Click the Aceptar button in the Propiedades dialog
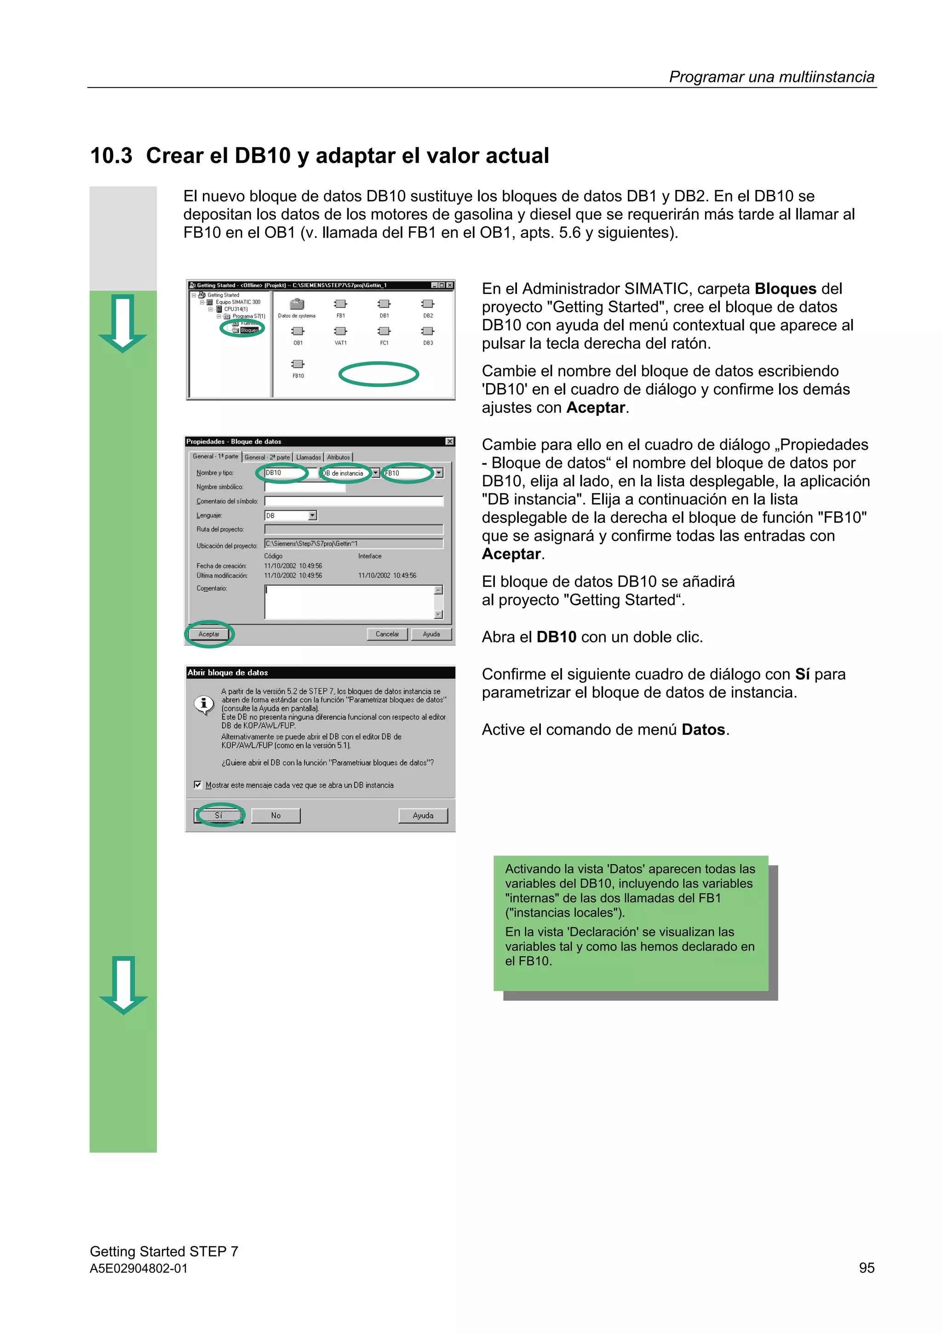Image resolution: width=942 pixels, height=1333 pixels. (209, 634)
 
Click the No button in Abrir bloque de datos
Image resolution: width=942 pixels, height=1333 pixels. (276, 815)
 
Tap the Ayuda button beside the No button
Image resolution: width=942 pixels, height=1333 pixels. (423, 815)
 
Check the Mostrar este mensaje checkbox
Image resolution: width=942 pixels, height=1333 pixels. (198, 785)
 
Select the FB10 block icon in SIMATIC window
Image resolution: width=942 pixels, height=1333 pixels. (298, 364)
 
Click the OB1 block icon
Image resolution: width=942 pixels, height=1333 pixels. (298, 331)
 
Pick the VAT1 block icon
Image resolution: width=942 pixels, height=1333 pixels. (341, 331)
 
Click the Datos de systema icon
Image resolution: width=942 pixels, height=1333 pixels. (297, 304)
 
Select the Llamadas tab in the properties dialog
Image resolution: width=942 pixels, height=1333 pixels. (308, 457)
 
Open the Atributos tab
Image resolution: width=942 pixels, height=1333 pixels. (339, 457)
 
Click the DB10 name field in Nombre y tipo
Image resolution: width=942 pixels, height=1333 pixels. (286, 473)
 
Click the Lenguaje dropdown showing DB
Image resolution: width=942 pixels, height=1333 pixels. (290, 515)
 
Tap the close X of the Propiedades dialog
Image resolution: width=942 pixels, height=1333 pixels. (449, 441)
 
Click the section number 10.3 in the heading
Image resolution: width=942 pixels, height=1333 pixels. (111, 156)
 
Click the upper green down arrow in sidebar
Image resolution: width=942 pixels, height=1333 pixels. (122, 323)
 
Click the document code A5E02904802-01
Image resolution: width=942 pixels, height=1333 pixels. (139, 1268)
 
